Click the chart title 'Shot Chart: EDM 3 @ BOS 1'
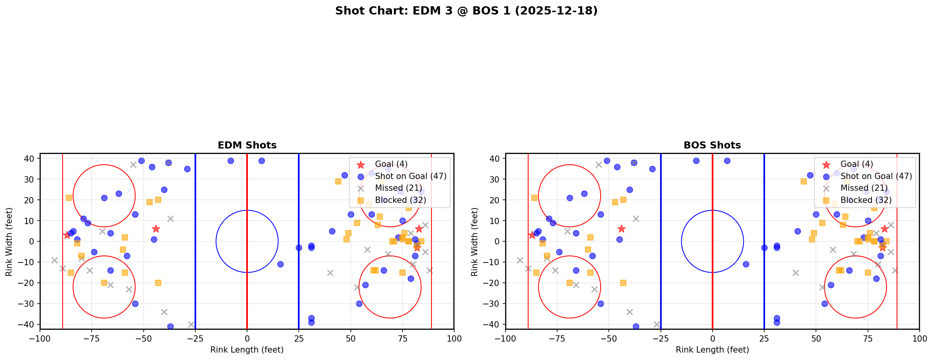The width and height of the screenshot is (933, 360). (x=466, y=11)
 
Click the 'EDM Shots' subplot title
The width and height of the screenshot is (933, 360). (x=247, y=145)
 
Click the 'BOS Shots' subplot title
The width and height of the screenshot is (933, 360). (x=712, y=145)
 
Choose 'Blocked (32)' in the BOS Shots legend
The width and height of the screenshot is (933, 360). (x=866, y=200)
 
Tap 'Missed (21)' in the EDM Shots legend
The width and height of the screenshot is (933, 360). (x=398, y=188)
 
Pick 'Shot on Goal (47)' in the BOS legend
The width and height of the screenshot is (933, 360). (x=876, y=176)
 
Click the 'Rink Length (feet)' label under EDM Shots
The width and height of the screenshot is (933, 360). (x=247, y=350)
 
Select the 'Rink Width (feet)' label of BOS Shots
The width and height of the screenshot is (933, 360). (x=474, y=242)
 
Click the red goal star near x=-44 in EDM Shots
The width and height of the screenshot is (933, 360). (x=156, y=229)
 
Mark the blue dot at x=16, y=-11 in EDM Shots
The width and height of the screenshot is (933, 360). (x=280, y=264)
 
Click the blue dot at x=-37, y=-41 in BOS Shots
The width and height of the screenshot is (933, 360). (x=636, y=326)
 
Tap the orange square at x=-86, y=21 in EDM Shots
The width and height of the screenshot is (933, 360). (x=69, y=198)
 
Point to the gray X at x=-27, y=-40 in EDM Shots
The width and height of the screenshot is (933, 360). (x=191, y=324)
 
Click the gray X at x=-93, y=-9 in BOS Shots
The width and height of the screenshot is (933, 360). (x=520, y=260)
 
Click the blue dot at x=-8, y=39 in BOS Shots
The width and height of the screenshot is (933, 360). (x=696, y=161)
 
